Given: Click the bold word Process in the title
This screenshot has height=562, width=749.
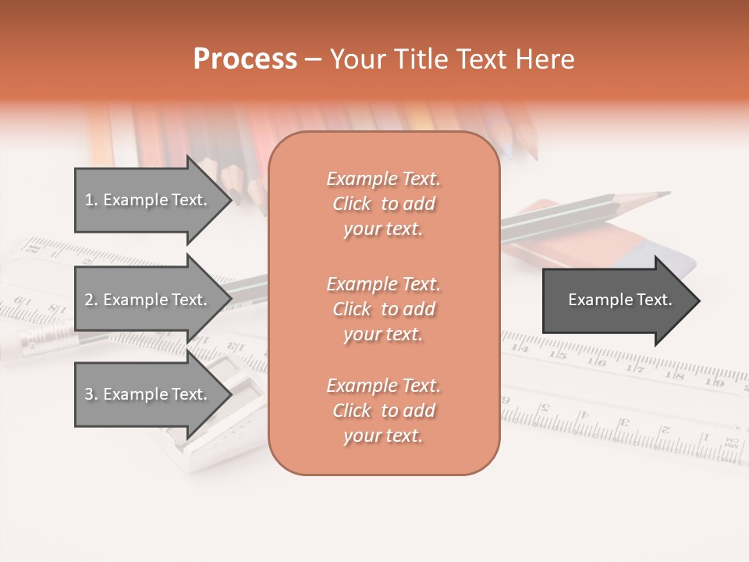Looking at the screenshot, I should click(245, 59).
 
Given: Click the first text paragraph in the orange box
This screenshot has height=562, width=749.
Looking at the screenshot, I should click(383, 204).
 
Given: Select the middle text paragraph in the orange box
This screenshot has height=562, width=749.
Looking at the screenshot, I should click(383, 309).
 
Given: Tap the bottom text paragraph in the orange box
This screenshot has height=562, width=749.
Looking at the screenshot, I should click(383, 411).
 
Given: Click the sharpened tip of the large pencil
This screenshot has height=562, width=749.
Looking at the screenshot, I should click(663, 193).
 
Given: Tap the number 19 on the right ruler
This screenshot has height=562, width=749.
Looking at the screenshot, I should click(716, 381).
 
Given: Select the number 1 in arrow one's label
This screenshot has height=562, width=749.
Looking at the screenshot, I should click(88, 201).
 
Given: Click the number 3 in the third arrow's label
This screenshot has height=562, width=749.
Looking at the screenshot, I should click(89, 395).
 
